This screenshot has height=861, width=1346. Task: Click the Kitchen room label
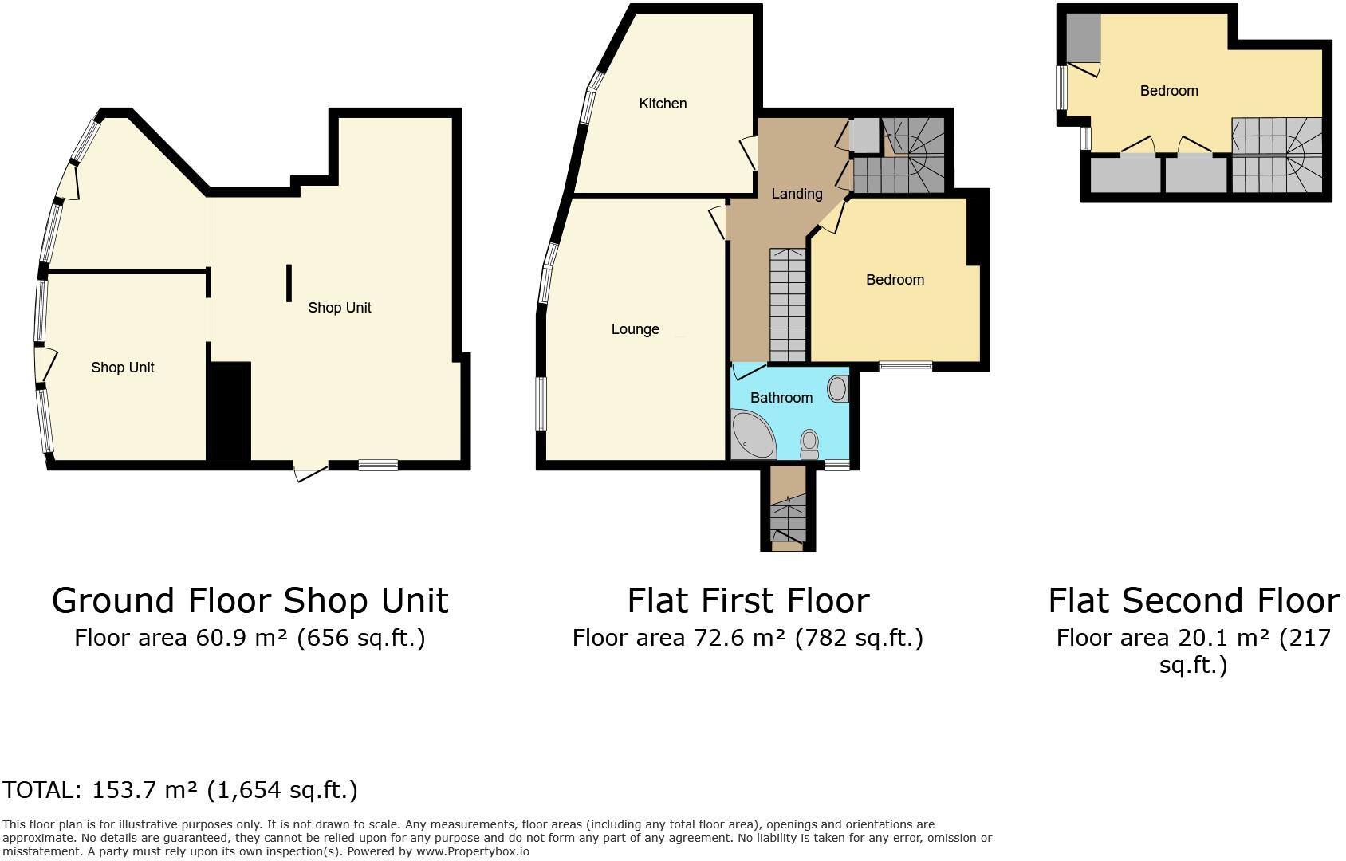(x=663, y=104)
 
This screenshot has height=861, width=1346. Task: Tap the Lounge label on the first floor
(x=635, y=329)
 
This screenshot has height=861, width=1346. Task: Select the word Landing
(x=797, y=194)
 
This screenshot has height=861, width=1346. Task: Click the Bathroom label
(x=781, y=398)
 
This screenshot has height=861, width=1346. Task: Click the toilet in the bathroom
(x=809, y=444)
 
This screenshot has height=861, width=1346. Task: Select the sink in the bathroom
(x=837, y=389)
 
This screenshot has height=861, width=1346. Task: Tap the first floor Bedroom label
(x=895, y=280)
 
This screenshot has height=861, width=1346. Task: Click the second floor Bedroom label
(x=1168, y=91)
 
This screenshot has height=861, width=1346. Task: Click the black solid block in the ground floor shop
(x=230, y=411)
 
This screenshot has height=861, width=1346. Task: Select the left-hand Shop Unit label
(x=122, y=368)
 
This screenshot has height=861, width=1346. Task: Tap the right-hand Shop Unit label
(x=339, y=308)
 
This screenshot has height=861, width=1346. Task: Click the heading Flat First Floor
(x=747, y=601)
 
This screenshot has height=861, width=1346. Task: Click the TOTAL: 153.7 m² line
(x=180, y=790)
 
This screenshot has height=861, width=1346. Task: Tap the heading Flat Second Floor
(x=1193, y=601)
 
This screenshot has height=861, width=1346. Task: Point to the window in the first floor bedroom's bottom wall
(x=905, y=367)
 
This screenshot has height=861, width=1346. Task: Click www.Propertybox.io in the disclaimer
(x=472, y=851)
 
